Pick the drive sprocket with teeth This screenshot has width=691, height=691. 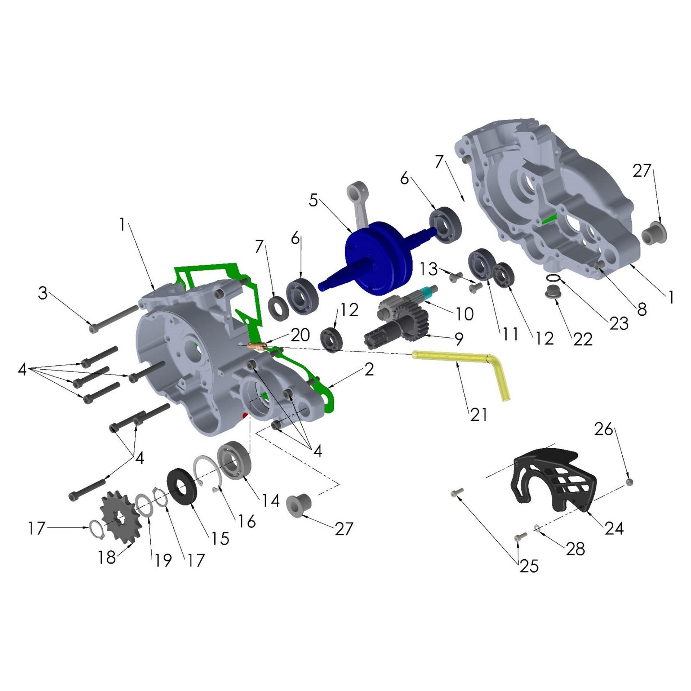tap(121, 517)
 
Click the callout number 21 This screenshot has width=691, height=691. tap(479, 415)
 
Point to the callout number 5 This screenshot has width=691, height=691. tap(314, 200)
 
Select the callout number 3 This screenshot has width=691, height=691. tap(42, 293)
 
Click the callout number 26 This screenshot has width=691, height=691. tap(604, 429)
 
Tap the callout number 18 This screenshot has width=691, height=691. tap(107, 557)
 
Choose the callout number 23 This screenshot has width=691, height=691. tap(619, 323)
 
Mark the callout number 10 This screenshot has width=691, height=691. tap(465, 314)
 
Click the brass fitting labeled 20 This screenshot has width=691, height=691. tap(258, 346)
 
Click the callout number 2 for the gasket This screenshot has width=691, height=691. tap(369, 369)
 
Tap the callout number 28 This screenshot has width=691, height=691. tap(575, 549)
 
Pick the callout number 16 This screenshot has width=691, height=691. tap(247, 521)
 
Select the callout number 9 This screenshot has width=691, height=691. tap(459, 339)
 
